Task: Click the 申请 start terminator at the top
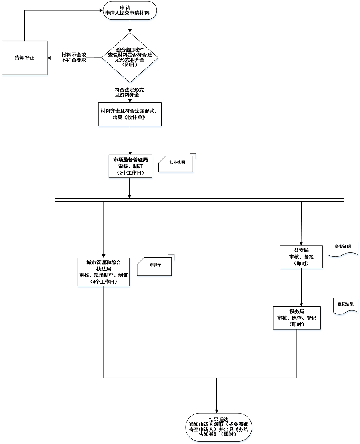[x=130, y=10]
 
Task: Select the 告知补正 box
[x=24, y=58]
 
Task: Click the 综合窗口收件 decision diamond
[x=130, y=58]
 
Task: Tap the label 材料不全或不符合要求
[x=74, y=57]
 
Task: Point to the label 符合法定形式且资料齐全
[x=129, y=92]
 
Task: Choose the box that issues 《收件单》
[x=130, y=114]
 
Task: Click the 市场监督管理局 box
[x=130, y=166]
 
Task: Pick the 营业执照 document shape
[x=176, y=163]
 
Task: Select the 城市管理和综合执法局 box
[x=104, y=272]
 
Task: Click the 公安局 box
[x=301, y=257]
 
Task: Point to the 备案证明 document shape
[x=342, y=247]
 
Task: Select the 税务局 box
[x=297, y=318]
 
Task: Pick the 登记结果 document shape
[x=345, y=304]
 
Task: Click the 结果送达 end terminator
[x=216, y=427]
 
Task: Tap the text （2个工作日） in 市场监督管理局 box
[x=130, y=173]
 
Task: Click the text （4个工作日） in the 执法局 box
[x=104, y=282]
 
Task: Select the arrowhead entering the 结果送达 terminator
[x=216, y=410]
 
